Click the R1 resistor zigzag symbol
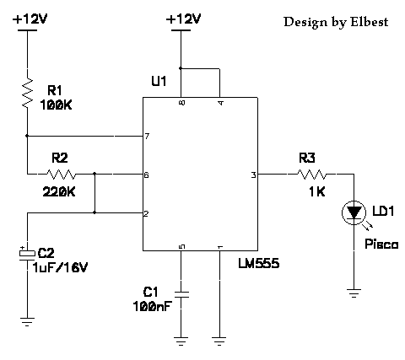pyautogui.click(x=28, y=93)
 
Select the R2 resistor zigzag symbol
pyautogui.click(x=61, y=175)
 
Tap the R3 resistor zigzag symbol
pyautogui.click(x=312, y=175)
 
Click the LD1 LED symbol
pyautogui.click(x=354, y=212)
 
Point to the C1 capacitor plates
pyautogui.click(x=181, y=294)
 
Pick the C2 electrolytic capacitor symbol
pyautogui.click(x=27, y=254)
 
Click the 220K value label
pyautogui.click(x=59, y=192)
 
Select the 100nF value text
pyautogui.click(x=153, y=306)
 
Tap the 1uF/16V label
pyautogui.click(x=61, y=267)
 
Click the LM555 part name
pyautogui.click(x=259, y=264)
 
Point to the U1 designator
pyautogui.click(x=159, y=81)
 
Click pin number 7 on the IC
pyautogui.click(x=147, y=137)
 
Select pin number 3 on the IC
pyautogui.click(x=253, y=175)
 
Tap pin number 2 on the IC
pyautogui.click(x=146, y=214)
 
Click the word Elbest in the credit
pyautogui.click(x=369, y=22)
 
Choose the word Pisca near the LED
pyautogui.click(x=381, y=244)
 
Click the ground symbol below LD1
pyautogui.click(x=354, y=293)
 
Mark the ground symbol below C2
pyautogui.click(x=27, y=322)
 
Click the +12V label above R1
pyautogui.click(x=30, y=19)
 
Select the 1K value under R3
pyautogui.click(x=317, y=192)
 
